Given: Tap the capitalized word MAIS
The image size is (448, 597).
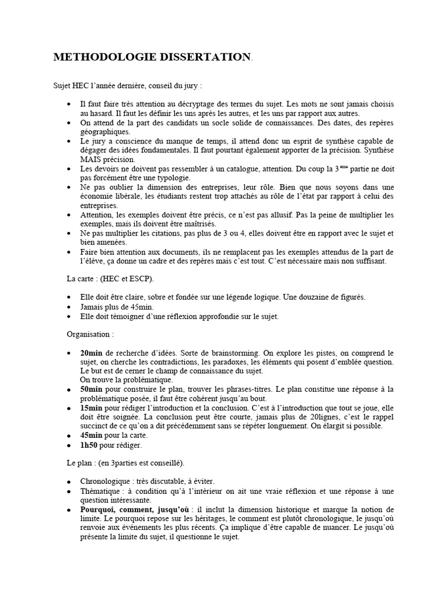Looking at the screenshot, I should [92, 159].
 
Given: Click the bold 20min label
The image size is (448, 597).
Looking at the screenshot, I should [91, 353].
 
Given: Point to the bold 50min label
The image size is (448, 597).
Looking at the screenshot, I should [91, 389].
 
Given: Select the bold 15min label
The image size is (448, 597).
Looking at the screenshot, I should [91, 408].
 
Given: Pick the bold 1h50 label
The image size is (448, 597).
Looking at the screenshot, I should [90, 445].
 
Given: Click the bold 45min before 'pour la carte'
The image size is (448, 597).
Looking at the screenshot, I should [91, 436].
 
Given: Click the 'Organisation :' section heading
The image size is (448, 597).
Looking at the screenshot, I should [89, 335].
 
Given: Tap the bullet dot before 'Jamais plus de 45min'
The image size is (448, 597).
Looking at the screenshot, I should [69, 307].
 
